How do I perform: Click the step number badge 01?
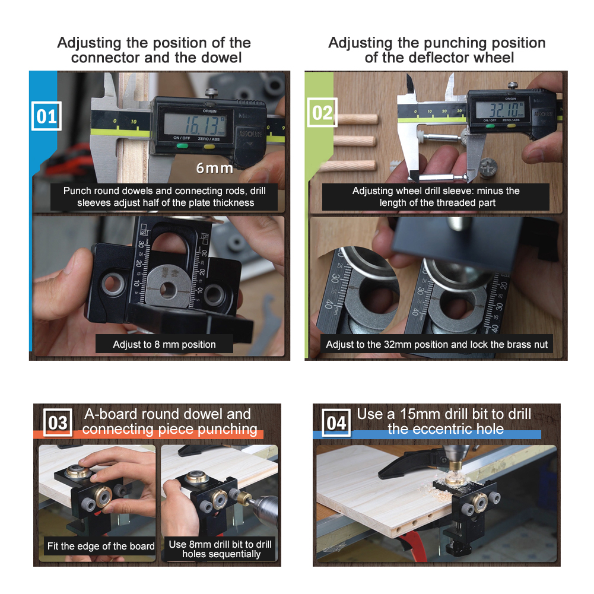46,116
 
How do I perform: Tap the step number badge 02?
322,113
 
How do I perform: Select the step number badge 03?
58,423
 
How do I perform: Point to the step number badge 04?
336,423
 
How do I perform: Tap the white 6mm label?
214,168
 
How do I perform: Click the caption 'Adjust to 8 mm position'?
164,344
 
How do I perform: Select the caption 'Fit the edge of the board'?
100,546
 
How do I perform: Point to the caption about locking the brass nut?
437,344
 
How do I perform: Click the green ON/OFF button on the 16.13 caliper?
182,146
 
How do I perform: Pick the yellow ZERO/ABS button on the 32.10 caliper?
511,125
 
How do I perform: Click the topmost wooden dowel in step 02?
357,119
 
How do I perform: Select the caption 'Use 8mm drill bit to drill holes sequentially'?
220,549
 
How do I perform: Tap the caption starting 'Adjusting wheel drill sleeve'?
436,196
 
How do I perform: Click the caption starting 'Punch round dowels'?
164,196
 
